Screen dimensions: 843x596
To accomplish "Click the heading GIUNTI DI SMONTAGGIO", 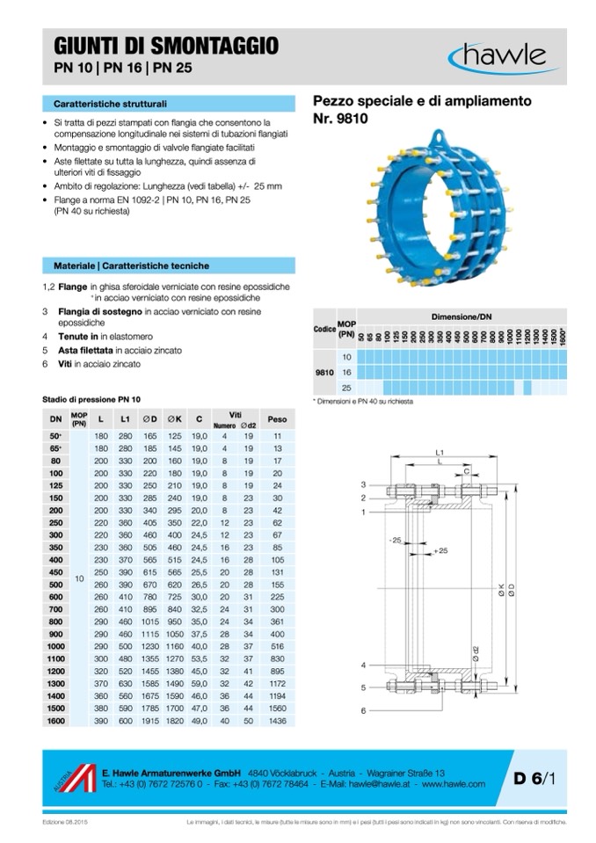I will [x=166, y=47].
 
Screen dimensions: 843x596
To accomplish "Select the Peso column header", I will [x=277, y=418].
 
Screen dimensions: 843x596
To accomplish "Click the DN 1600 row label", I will [x=55, y=720].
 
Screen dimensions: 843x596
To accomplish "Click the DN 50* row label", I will [x=55, y=435].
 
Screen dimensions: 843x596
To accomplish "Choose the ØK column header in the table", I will [x=175, y=418].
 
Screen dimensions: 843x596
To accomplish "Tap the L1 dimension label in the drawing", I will [x=440, y=454].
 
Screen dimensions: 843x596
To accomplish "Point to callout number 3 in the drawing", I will [x=363, y=484].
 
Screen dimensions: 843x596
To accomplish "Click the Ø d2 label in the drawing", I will [x=476, y=655].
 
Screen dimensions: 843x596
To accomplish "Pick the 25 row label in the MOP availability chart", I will [x=346, y=387].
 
